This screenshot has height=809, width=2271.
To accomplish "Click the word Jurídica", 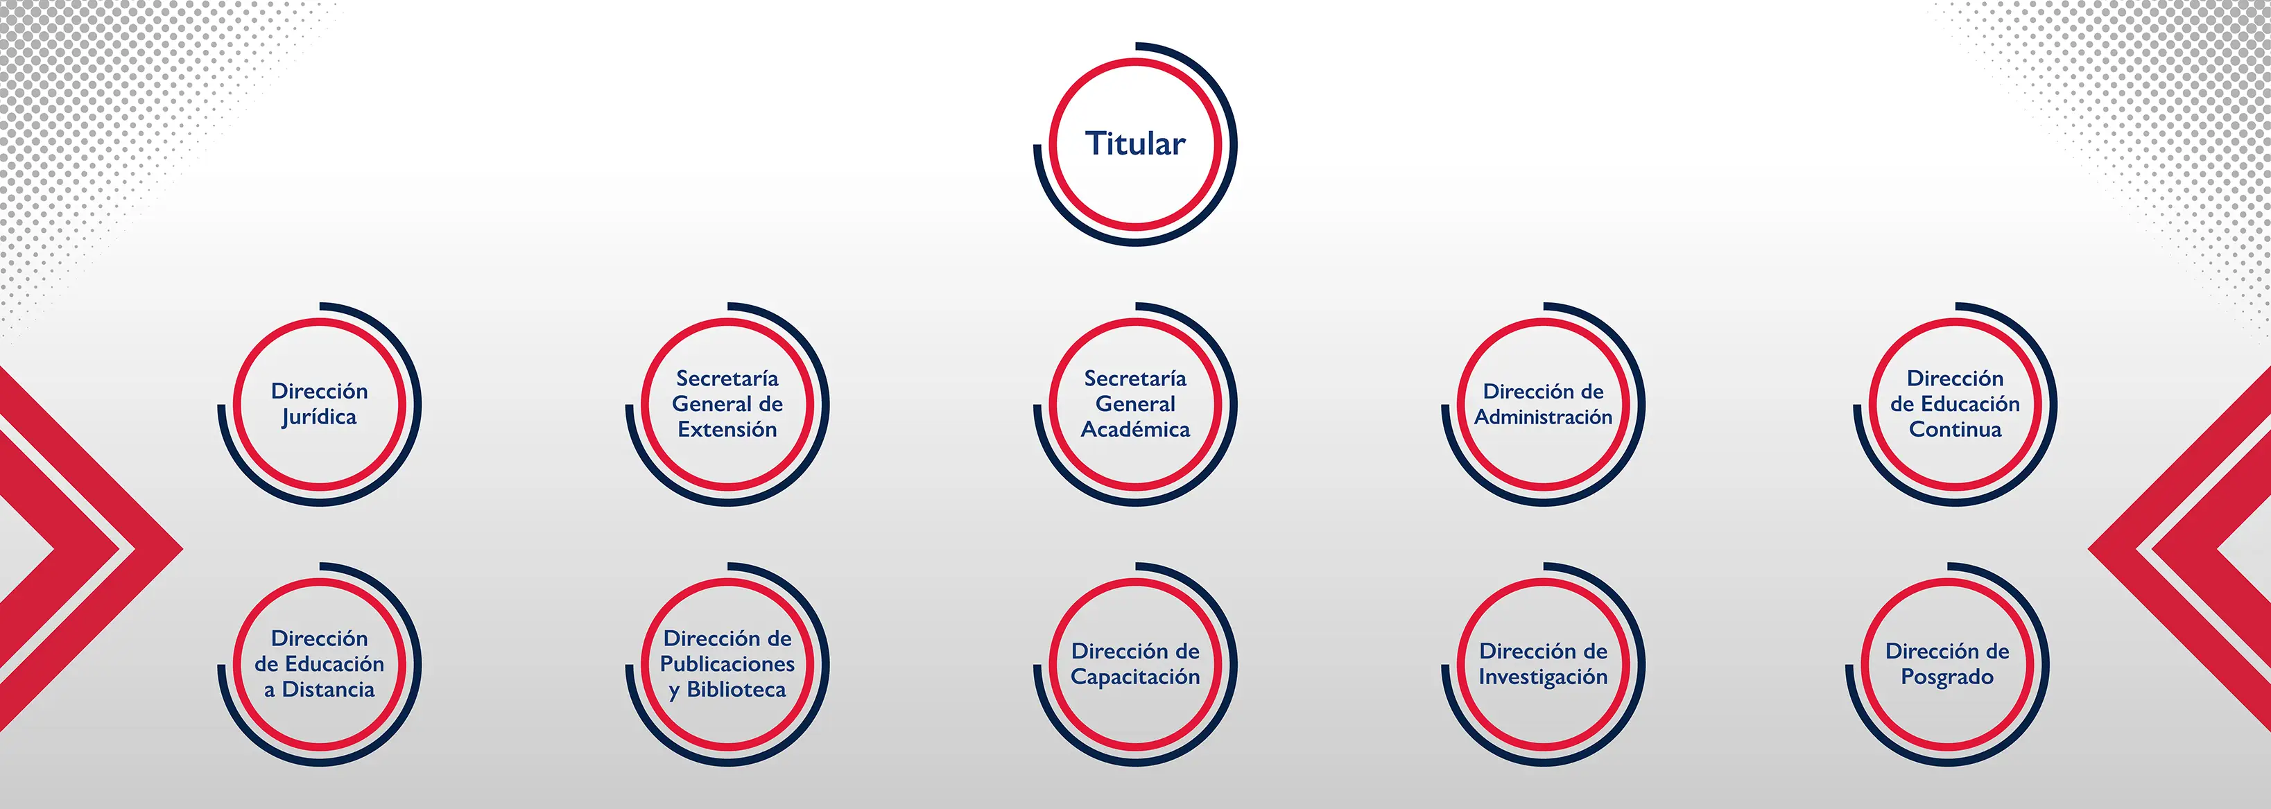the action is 319,417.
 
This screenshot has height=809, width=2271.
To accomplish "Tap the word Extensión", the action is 727,429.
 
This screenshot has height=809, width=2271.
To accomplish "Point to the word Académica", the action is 1136,429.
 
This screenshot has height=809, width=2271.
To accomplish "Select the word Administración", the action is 1544,417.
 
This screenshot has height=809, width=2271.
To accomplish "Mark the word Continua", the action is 1955,429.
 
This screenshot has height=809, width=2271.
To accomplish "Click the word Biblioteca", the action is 736,689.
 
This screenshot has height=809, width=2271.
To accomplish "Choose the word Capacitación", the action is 1136,677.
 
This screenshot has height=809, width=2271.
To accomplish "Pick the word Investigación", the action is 1544,677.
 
